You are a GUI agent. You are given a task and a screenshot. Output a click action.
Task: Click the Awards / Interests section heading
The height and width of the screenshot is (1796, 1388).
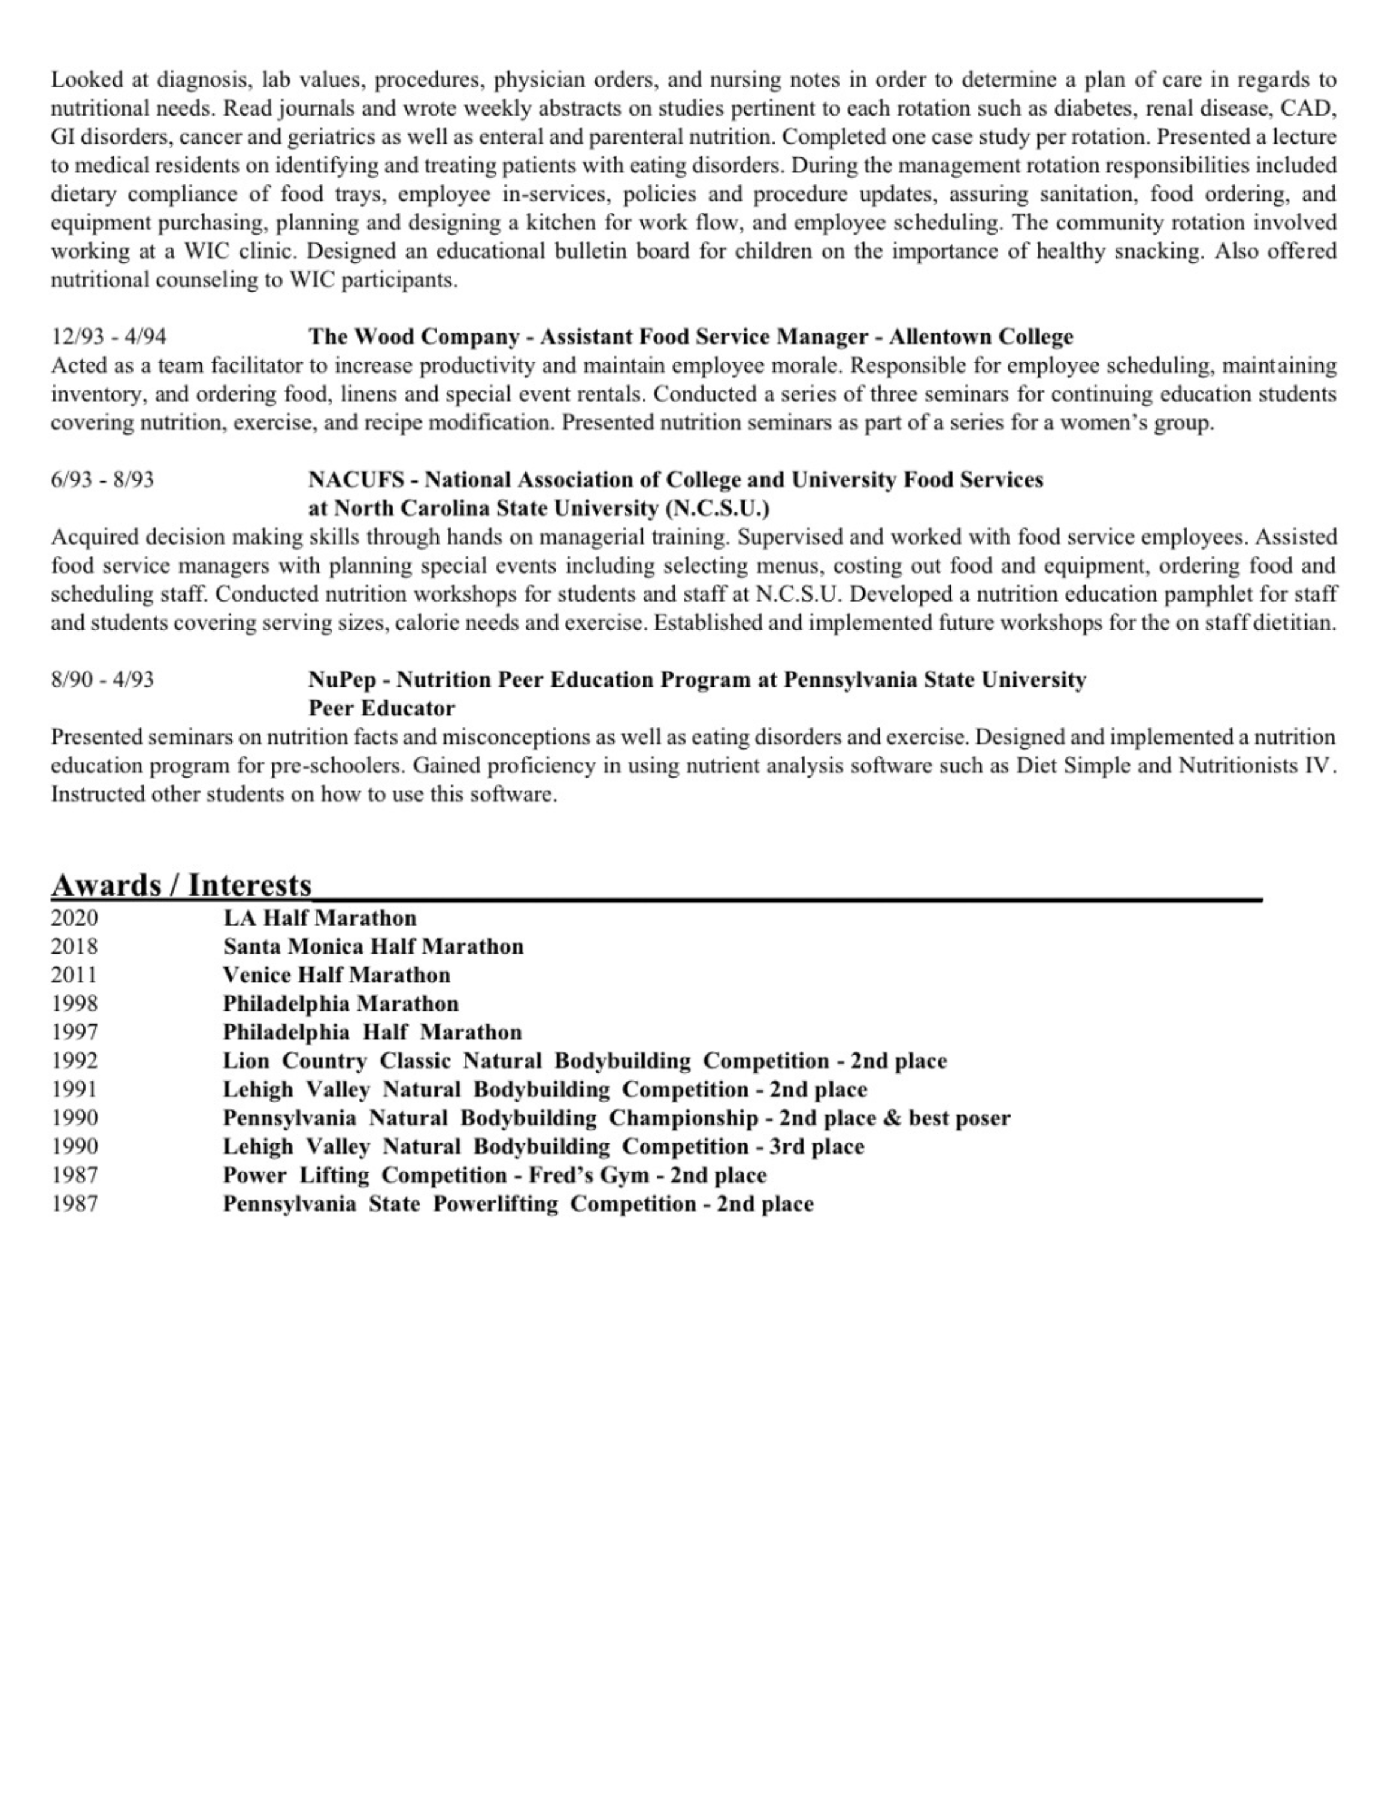[181, 885]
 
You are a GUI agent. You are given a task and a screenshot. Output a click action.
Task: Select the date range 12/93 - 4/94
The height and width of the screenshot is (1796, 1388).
[108, 336]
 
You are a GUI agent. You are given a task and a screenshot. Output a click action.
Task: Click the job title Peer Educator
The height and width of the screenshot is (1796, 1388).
[381, 708]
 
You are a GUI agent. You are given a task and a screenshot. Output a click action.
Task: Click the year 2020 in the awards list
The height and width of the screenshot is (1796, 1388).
[74, 918]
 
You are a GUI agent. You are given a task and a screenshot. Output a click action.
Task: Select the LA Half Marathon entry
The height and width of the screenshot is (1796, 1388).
[320, 918]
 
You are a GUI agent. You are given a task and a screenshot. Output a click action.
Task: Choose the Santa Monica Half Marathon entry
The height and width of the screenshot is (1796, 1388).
[373, 946]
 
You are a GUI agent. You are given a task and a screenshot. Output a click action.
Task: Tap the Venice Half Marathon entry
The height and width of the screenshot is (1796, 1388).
[337, 975]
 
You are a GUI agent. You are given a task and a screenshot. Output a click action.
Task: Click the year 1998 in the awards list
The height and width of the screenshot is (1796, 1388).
[74, 1003]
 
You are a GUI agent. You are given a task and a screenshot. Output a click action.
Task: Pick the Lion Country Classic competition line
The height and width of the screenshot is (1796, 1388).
[584, 1061]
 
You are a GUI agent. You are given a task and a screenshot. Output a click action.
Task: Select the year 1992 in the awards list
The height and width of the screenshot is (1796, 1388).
[74, 1061]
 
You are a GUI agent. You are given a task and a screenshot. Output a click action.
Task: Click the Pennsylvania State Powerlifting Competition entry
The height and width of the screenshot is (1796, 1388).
[518, 1204]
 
